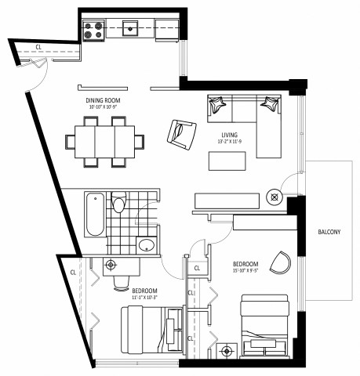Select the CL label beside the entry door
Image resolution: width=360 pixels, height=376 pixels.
pos(38,47)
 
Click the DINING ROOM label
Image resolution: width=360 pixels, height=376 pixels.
pos(103,100)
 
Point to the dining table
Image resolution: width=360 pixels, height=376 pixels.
pos(104,142)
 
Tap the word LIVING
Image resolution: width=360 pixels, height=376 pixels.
pos(230,136)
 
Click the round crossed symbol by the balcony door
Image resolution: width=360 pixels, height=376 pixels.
pos(274,197)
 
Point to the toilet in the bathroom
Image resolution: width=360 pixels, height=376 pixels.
pos(118,204)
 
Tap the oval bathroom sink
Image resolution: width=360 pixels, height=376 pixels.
pos(146,245)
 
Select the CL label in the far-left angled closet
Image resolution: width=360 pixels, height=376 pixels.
pos(73,273)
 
